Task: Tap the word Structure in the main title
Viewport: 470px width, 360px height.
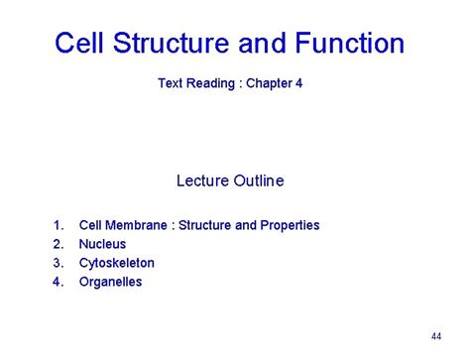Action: [175, 44]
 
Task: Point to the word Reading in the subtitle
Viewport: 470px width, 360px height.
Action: [212, 84]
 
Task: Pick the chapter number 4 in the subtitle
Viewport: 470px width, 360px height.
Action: [298, 84]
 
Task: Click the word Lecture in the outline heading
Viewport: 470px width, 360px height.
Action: [203, 180]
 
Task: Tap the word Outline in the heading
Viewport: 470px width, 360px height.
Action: [259, 180]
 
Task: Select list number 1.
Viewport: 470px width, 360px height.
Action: [58, 225]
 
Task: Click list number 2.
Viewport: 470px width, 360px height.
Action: [58, 244]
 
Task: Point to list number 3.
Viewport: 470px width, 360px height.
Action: [58, 263]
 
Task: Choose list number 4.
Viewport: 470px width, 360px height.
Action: [58, 282]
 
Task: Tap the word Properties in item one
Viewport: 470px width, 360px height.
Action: [290, 225]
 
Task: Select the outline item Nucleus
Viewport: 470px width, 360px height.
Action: [102, 244]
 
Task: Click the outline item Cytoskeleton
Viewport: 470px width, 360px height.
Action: [117, 263]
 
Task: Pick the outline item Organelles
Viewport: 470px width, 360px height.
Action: [110, 282]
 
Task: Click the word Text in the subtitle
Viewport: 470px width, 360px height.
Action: [172, 84]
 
